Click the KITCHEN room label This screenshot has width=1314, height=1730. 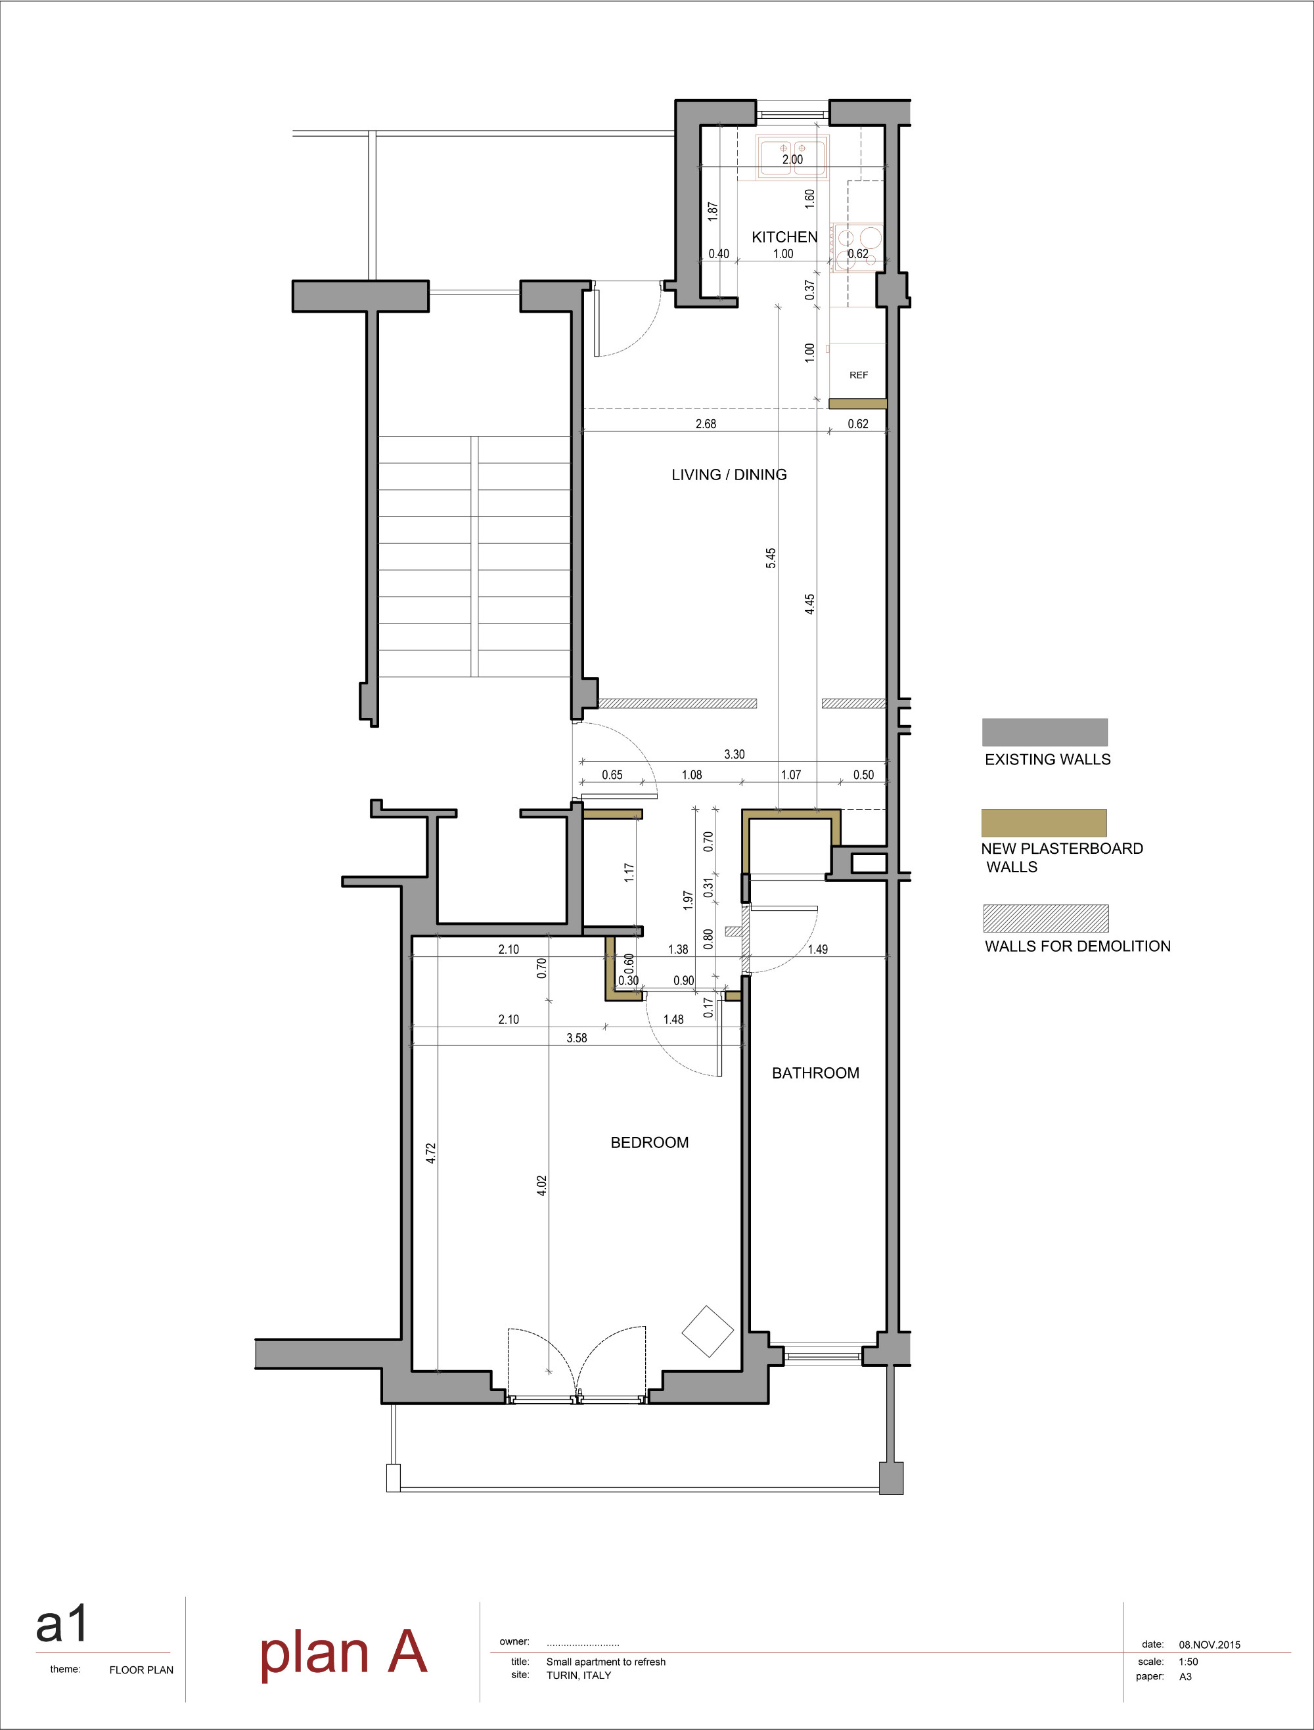pyautogui.click(x=784, y=237)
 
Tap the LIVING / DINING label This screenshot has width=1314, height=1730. pyautogui.click(x=729, y=475)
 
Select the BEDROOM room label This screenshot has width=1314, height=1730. pyautogui.click(x=649, y=1143)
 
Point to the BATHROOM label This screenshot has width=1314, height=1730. pyautogui.click(x=815, y=1073)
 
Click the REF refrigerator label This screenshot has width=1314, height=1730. pyautogui.click(x=858, y=376)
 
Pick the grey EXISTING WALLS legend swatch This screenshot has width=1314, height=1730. pyautogui.click(x=1044, y=732)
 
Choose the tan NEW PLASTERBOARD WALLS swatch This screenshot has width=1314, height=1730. pyautogui.click(x=1043, y=823)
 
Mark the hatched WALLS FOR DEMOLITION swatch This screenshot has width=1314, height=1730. pyautogui.click(x=1045, y=918)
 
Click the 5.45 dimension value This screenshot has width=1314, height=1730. pyautogui.click(x=771, y=558)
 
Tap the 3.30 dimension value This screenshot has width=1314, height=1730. pyautogui.click(x=734, y=755)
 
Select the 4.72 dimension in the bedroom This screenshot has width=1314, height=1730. pyautogui.click(x=431, y=1153)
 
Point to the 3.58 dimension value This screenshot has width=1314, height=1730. pyautogui.click(x=576, y=1038)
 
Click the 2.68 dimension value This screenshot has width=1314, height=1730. pyautogui.click(x=706, y=424)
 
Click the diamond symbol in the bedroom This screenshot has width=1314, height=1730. pyautogui.click(x=708, y=1331)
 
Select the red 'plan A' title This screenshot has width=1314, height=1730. pyautogui.click(x=344, y=1652)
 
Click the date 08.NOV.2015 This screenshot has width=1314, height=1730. pyautogui.click(x=1209, y=1645)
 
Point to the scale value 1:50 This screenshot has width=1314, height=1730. pyautogui.click(x=1188, y=1662)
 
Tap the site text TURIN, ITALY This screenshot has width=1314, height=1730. pyautogui.click(x=578, y=1675)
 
